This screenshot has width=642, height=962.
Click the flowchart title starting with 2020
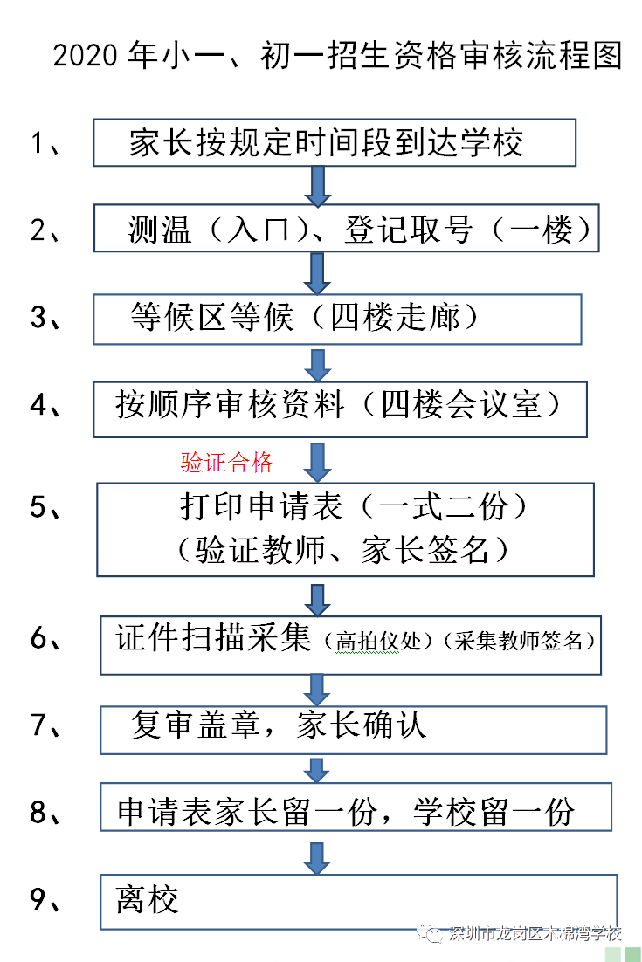click(337, 57)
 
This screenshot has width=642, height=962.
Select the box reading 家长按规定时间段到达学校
click(335, 143)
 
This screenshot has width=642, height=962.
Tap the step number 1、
click(45, 143)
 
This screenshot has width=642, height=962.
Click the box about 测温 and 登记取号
click(347, 230)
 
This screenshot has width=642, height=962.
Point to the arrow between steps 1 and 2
click(317, 185)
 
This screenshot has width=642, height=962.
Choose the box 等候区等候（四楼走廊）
click(337, 319)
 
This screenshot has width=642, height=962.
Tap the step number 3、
click(45, 318)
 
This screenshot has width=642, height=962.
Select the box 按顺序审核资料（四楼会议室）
click(341, 409)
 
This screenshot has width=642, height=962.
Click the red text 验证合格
click(227, 463)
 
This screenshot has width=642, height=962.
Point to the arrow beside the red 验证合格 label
click(317, 459)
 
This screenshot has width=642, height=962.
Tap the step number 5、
click(45, 508)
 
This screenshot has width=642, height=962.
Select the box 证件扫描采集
click(350, 644)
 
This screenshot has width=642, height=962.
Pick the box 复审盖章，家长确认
click(353, 730)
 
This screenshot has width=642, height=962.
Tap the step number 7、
click(45, 726)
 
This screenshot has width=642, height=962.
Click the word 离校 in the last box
click(148, 900)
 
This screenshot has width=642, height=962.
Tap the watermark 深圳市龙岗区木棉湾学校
click(534, 934)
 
